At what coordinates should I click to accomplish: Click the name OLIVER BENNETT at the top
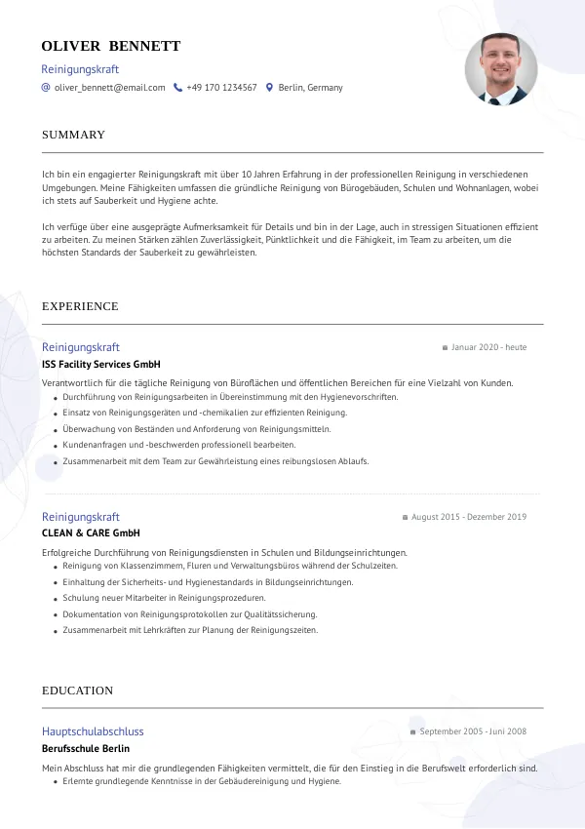[x=111, y=46]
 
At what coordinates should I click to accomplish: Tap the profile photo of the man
[x=501, y=69]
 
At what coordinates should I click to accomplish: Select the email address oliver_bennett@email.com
[x=109, y=88]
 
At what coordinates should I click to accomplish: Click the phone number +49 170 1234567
[x=221, y=88]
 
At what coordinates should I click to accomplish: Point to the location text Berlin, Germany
[x=310, y=88]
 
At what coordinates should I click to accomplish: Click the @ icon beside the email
[x=46, y=88]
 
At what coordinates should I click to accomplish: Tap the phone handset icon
[x=177, y=88]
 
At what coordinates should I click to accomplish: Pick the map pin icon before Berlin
[x=269, y=88]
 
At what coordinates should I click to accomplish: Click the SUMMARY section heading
[x=73, y=135]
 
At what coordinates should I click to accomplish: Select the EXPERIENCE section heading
[x=80, y=306]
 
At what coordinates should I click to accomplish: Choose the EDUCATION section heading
[x=77, y=691]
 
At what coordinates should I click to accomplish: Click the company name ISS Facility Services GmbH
[x=100, y=364]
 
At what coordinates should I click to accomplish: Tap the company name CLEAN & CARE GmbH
[x=91, y=533]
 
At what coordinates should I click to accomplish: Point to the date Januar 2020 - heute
[x=488, y=347]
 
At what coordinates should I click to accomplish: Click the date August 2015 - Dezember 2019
[x=469, y=517]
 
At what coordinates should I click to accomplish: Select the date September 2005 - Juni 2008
[x=473, y=731]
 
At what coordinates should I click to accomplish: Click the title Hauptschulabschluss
[x=93, y=731]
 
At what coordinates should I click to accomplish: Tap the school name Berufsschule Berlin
[x=86, y=749]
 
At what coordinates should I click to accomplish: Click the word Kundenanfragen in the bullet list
[x=90, y=445]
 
